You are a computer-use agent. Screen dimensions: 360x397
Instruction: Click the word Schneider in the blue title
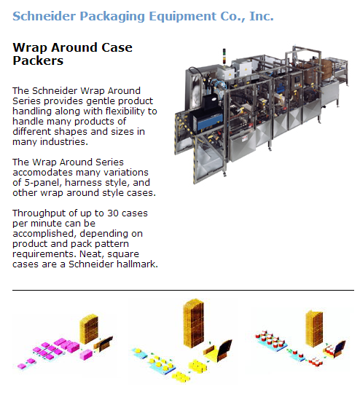pyautogui.click(x=44, y=16)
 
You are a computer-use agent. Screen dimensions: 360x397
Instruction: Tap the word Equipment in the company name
pyautogui.click(x=182, y=17)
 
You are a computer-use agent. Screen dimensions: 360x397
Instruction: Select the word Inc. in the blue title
pyautogui.click(x=262, y=16)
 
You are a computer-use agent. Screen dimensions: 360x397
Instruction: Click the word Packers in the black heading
pyautogui.click(x=38, y=60)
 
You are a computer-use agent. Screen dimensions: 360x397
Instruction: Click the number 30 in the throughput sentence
pyautogui.click(x=113, y=213)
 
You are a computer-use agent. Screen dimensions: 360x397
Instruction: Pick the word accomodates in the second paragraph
pyautogui.click(x=43, y=173)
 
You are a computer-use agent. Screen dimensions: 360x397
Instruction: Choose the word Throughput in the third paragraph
pyautogui.click(x=39, y=213)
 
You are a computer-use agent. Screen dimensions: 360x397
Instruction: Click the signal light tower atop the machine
pyautogui.click(x=224, y=57)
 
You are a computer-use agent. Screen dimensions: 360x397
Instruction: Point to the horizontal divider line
pyautogui.click(x=183, y=290)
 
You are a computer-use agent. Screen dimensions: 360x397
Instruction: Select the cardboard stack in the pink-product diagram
pyautogui.click(x=89, y=329)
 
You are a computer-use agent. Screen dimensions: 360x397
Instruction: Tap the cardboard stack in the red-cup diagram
pyautogui.click(x=314, y=328)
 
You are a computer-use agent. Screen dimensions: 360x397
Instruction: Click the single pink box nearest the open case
pyautogui.click(x=86, y=354)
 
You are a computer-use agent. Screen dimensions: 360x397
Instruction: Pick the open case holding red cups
pyautogui.click(x=334, y=350)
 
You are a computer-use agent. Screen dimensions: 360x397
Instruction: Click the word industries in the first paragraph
pyautogui.click(x=64, y=142)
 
